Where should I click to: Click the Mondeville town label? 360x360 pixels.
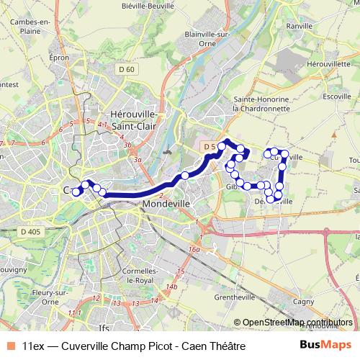(166, 204)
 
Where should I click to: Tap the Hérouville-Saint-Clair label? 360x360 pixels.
(136, 120)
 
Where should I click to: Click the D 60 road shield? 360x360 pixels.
(127, 69)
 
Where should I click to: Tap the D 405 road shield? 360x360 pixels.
(31, 231)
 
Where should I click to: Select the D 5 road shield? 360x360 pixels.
(210, 147)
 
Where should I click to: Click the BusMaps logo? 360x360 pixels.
(322, 346)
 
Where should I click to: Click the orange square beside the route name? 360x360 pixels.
(10, 346)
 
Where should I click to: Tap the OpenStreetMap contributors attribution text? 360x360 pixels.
(297, 323)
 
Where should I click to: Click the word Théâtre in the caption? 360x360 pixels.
(225, 346)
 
